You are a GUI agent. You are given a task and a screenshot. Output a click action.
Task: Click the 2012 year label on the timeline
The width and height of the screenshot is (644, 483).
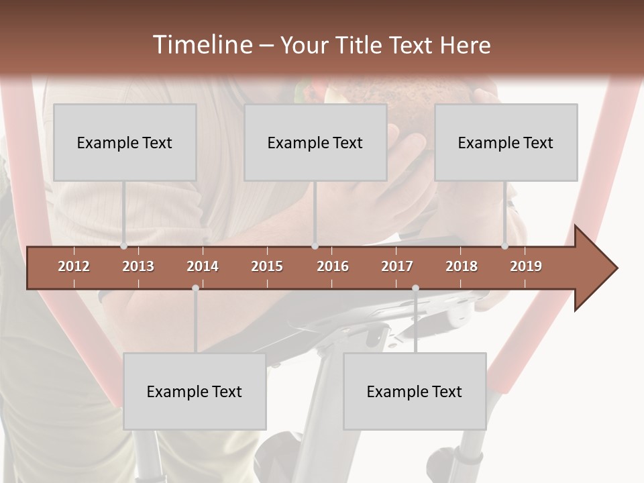pos(74,266)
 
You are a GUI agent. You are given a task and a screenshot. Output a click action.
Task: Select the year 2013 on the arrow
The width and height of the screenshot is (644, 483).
pos(138,266)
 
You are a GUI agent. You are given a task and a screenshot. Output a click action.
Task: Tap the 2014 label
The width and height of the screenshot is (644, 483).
pos(203,266)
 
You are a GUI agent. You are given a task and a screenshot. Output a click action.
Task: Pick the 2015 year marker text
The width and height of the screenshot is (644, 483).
pos(267,266)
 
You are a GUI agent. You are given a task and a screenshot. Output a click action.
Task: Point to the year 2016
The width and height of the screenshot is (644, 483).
pos(333,266)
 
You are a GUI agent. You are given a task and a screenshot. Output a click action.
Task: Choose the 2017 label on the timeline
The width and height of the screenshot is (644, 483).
pos(397,266)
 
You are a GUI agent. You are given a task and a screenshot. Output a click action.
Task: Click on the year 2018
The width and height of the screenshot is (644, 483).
pos(462,266)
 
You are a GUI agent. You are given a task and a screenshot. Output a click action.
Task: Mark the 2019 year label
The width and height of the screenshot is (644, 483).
pos(526,266)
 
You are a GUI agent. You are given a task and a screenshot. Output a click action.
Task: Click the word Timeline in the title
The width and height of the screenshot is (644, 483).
pos(201,45)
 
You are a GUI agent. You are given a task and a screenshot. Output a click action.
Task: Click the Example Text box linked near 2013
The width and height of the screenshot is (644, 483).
pos(125,142)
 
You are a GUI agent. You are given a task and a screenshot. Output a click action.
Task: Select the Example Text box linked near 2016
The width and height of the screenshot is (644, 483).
pos(315,142)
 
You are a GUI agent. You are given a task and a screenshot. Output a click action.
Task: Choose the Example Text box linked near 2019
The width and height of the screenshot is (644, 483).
pos(506,142)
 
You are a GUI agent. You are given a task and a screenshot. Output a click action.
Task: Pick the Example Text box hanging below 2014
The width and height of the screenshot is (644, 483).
pos(195,391)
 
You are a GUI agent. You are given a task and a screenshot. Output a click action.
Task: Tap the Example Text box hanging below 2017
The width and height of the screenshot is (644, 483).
pos(415,391)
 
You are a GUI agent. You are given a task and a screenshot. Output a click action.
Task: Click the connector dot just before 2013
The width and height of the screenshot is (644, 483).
pos(123,246)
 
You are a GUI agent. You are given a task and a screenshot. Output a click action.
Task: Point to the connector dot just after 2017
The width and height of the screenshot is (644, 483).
pos(415,288)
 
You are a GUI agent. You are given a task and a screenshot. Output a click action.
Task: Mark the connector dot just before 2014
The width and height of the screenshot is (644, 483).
pos(195,288)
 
